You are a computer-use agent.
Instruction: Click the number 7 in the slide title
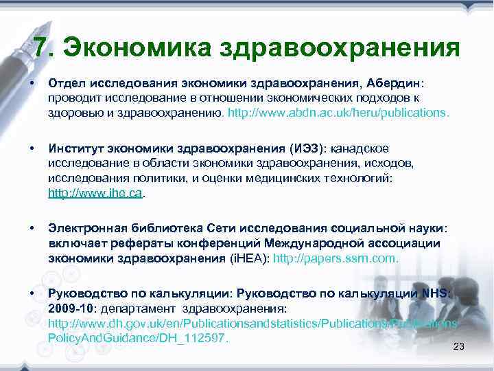(40, 48)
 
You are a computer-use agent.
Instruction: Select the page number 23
(459, 346)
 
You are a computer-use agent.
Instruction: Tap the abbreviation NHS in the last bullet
(436, 293)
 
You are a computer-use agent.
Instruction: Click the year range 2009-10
(72, 308)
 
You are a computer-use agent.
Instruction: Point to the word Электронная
(89, 227)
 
